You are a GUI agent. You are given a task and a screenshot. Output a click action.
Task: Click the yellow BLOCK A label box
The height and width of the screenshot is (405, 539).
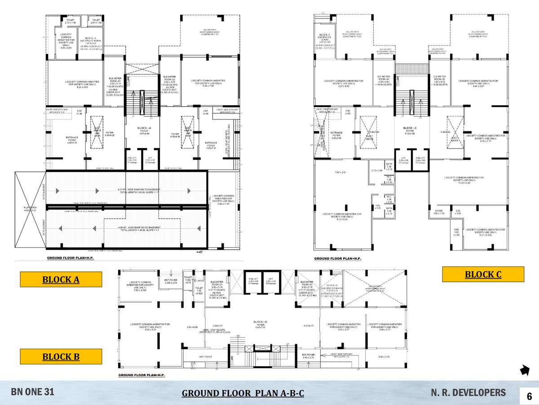coord(60,279)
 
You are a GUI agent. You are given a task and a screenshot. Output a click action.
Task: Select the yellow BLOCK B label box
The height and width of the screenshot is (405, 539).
coord(60,356)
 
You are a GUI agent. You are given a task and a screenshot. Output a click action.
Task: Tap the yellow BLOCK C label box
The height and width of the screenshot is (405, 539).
coord(483,274)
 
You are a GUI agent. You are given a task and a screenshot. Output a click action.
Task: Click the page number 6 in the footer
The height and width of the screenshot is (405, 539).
coord(529,396)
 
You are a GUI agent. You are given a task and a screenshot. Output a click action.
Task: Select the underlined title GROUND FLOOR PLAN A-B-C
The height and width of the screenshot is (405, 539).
coord(243,394)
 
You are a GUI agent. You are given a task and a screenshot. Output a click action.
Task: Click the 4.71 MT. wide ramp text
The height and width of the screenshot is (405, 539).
coord(130,191)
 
